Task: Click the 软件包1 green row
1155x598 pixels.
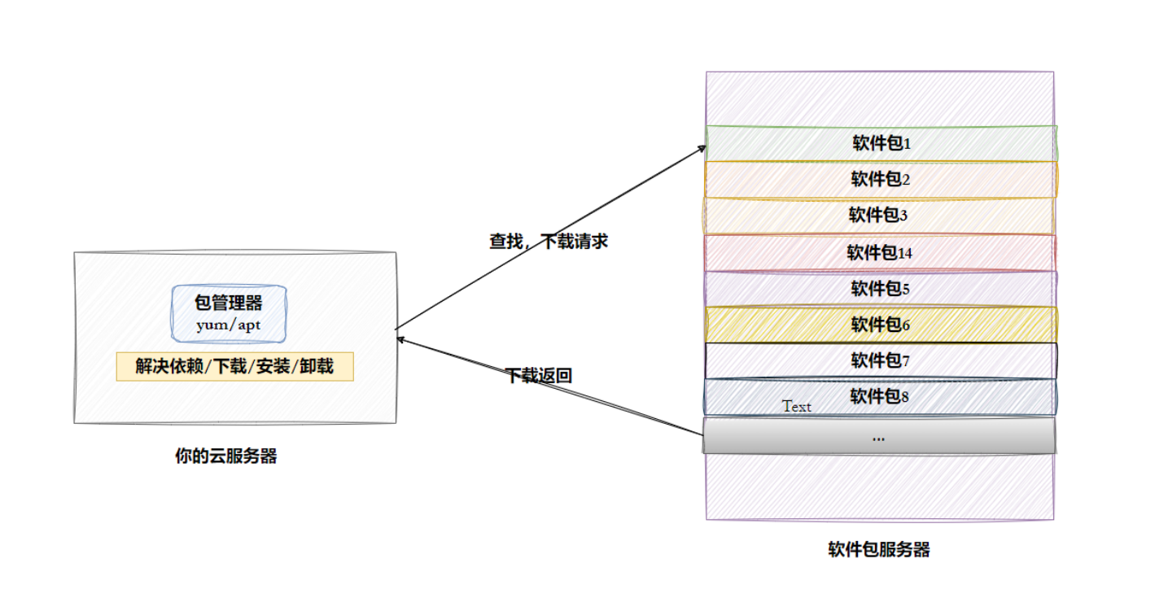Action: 881,144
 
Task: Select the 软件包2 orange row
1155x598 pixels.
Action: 881,180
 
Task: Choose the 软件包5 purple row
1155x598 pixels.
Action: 881,289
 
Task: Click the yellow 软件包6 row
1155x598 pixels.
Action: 881,325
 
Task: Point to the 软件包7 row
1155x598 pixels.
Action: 881,360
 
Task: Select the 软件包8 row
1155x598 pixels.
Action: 881,396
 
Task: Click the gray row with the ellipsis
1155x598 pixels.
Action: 879,436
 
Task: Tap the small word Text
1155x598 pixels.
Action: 797,407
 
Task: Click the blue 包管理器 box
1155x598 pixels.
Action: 229,312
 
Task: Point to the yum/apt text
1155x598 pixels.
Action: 229,325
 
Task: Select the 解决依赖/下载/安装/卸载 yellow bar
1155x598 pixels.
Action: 234,367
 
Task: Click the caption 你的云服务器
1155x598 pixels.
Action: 226,456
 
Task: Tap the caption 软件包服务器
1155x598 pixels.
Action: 879,550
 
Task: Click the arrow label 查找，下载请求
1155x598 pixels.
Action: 548,242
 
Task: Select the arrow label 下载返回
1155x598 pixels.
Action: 539,376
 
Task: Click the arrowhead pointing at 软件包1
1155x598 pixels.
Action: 702,148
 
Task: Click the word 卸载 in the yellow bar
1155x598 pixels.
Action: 317,367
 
